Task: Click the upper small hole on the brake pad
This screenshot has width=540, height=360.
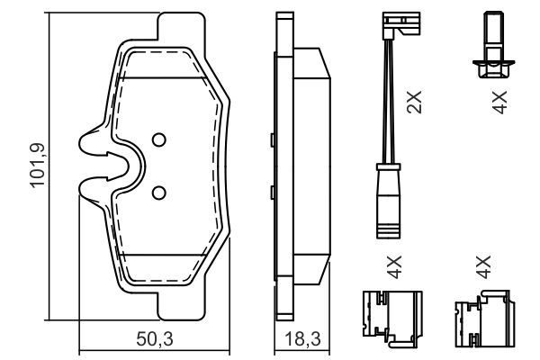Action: tap(158, 139)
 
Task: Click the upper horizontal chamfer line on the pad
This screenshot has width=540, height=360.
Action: tap(171, 78)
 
